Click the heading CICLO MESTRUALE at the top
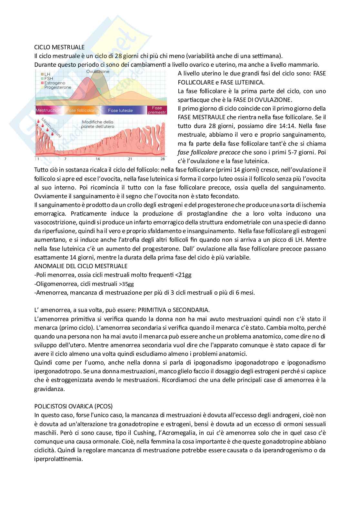59,47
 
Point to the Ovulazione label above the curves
98,72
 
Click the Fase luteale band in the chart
120,111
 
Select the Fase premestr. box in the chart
157,110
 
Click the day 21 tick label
130,159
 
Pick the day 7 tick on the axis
65,159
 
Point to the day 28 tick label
162,159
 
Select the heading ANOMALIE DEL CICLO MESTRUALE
81,266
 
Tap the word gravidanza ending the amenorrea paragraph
49,389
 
